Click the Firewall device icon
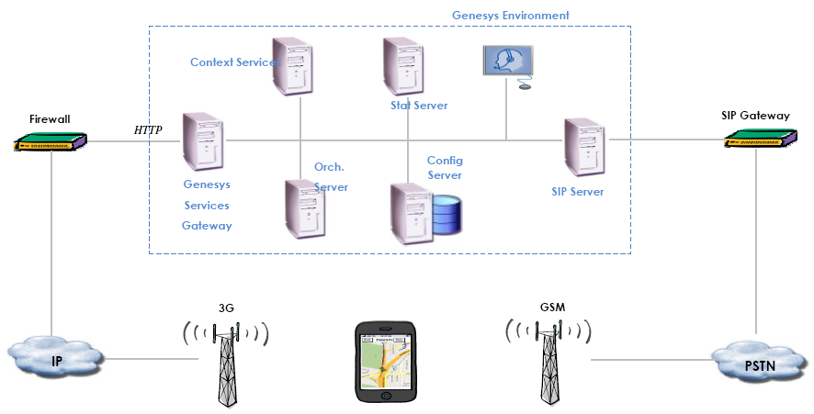(51, 142)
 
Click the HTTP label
(148, 130)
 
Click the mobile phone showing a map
(386, 362)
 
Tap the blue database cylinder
(447, 214)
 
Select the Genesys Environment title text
(510, 16)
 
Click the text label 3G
(226, 308)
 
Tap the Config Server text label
(445, 168)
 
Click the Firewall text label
(50, 119)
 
